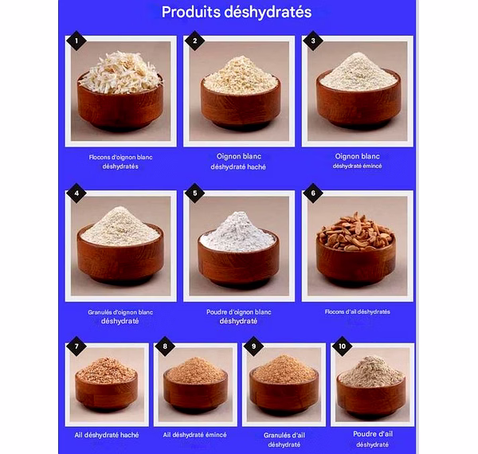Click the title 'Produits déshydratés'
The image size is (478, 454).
click(237, 12)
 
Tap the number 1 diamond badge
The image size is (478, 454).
click(76, 41)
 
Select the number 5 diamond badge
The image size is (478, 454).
click(194, 194)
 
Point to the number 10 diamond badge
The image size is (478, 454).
click(342, 346)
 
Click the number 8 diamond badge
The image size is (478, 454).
click(165, 346)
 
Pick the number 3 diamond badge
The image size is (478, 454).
click(313, 41)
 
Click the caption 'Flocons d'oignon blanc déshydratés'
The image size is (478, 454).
click(120, 162)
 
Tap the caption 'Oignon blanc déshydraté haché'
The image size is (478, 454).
click(238, 162)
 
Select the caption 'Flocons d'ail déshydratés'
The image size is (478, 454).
click(357, 311)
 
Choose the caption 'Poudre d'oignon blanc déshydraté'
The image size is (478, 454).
click(239, 316)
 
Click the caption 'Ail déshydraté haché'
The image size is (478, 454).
click(107, 435)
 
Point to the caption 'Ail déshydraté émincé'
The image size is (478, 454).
click(195, 435)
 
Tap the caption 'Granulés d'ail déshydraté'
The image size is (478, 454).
click(284, 440)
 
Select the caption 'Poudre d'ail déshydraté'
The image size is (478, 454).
click(373, 439)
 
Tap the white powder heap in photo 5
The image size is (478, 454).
click(237, 233)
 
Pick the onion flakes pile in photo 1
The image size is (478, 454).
click(121, 72)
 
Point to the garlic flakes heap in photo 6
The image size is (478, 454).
click(356, 232)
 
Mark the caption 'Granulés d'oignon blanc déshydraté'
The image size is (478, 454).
click(120, 316)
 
